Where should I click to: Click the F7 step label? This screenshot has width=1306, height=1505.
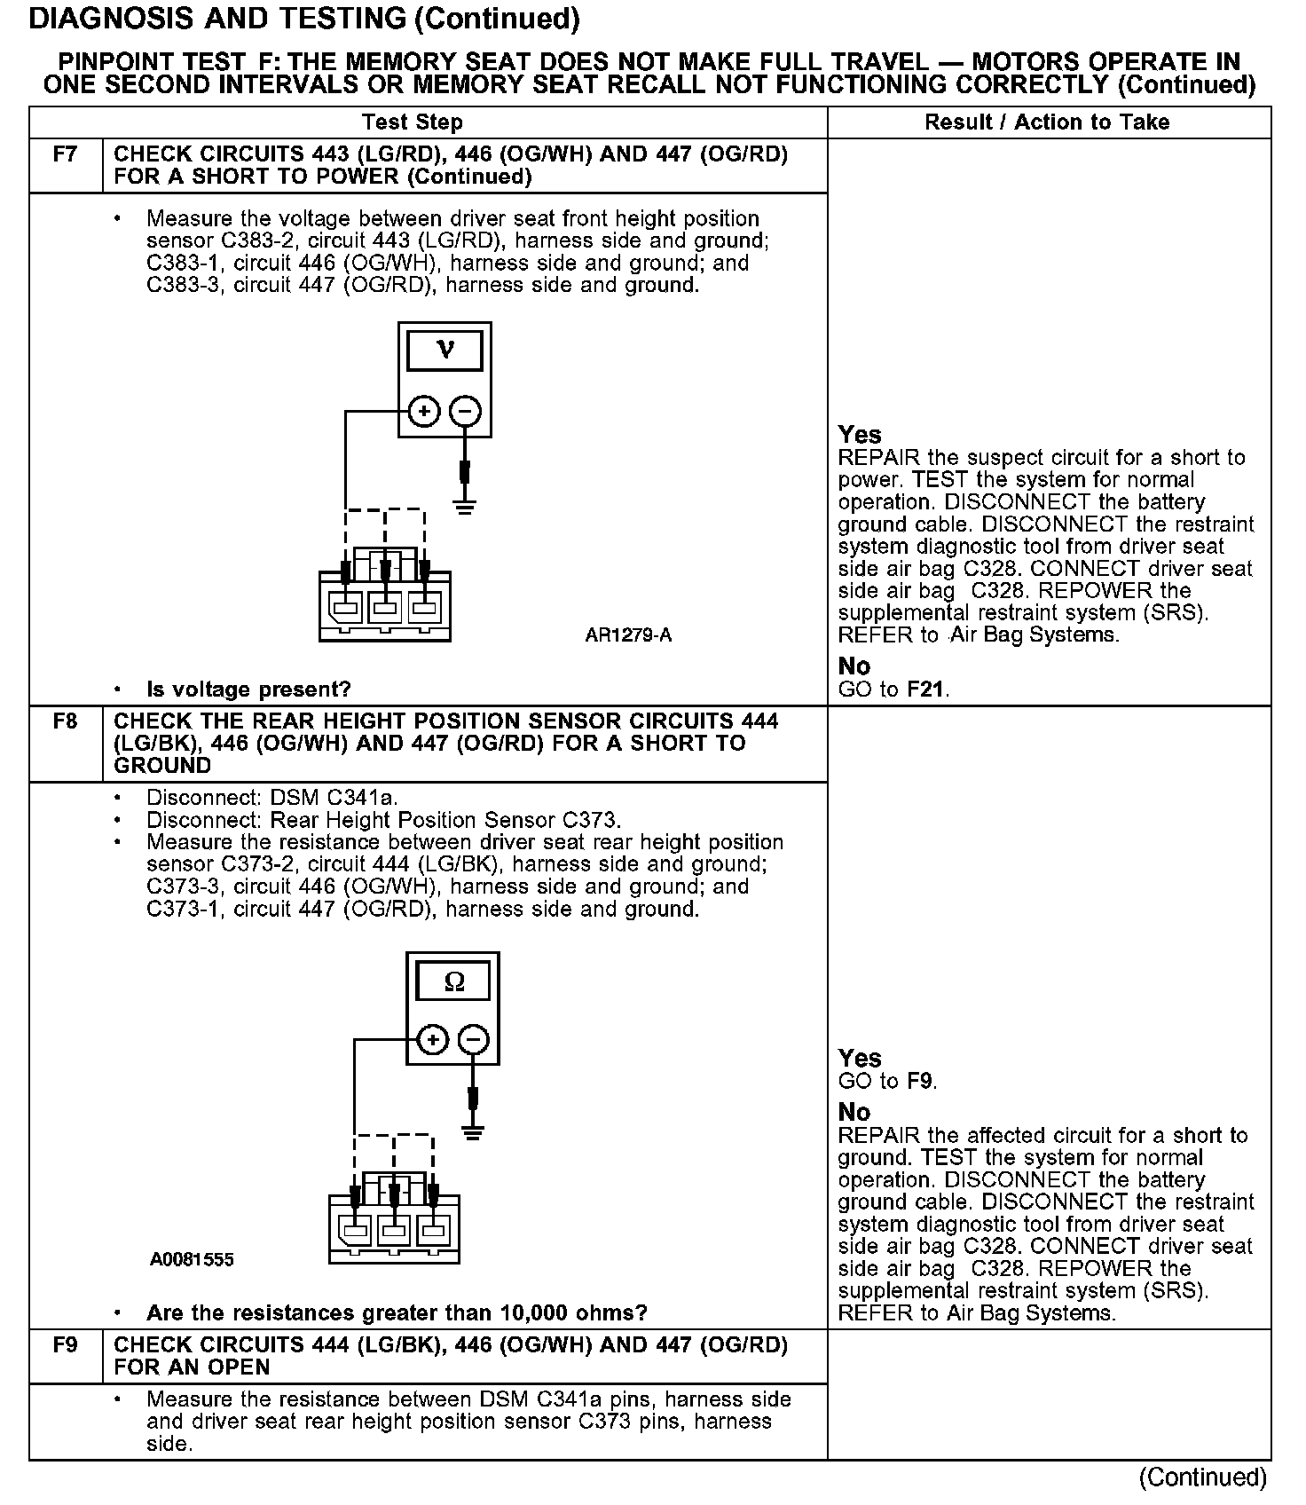coord(65,155)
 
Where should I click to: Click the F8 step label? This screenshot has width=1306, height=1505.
coord(65,721)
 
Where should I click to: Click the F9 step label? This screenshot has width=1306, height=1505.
coord(65,1345)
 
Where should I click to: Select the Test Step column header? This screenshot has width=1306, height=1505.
coord(413,122)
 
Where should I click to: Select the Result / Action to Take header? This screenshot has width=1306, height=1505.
coord(1047,122)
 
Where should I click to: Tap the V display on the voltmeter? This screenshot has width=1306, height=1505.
coord(445,351)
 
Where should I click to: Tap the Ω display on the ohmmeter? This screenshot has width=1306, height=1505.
coord(453,981)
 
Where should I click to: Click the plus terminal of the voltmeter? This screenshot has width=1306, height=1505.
coord(424,412)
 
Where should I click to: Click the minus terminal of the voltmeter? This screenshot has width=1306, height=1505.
coord(466,412)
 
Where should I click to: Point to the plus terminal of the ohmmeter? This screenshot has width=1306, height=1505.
coord(432,1040)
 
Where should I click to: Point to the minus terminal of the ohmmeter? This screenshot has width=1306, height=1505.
coord(474,1040)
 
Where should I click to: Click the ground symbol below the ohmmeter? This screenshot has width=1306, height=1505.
coord(473,1133)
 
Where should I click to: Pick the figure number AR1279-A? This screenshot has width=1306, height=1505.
coord(628,635)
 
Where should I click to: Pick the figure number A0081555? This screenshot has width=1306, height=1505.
coord(192,1260)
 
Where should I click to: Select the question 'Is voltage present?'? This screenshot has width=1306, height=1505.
coord(248,689)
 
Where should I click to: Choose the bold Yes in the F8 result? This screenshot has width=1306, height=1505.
coord(860,1058)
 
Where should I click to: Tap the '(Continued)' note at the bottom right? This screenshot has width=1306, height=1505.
coord(1203,1477)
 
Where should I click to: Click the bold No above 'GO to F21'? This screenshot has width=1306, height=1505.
coord(854,666)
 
